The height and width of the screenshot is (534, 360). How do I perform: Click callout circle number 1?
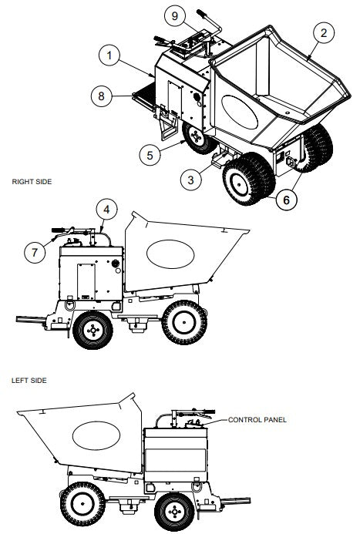(x=110, y=55)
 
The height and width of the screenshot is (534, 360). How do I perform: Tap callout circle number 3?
(x=190, y=180)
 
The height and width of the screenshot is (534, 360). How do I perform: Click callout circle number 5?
(x=151, y=153)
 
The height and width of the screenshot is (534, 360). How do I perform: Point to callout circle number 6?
(x=286, y=197)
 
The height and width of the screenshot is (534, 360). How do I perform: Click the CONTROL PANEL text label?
(x=257, y=421)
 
